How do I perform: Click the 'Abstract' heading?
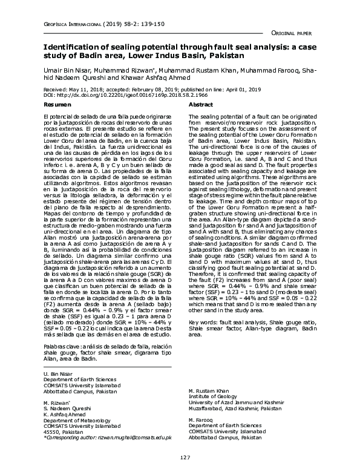(201, 105)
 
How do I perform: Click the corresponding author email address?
(137, 437)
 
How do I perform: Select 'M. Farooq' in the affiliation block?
(200, 419)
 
